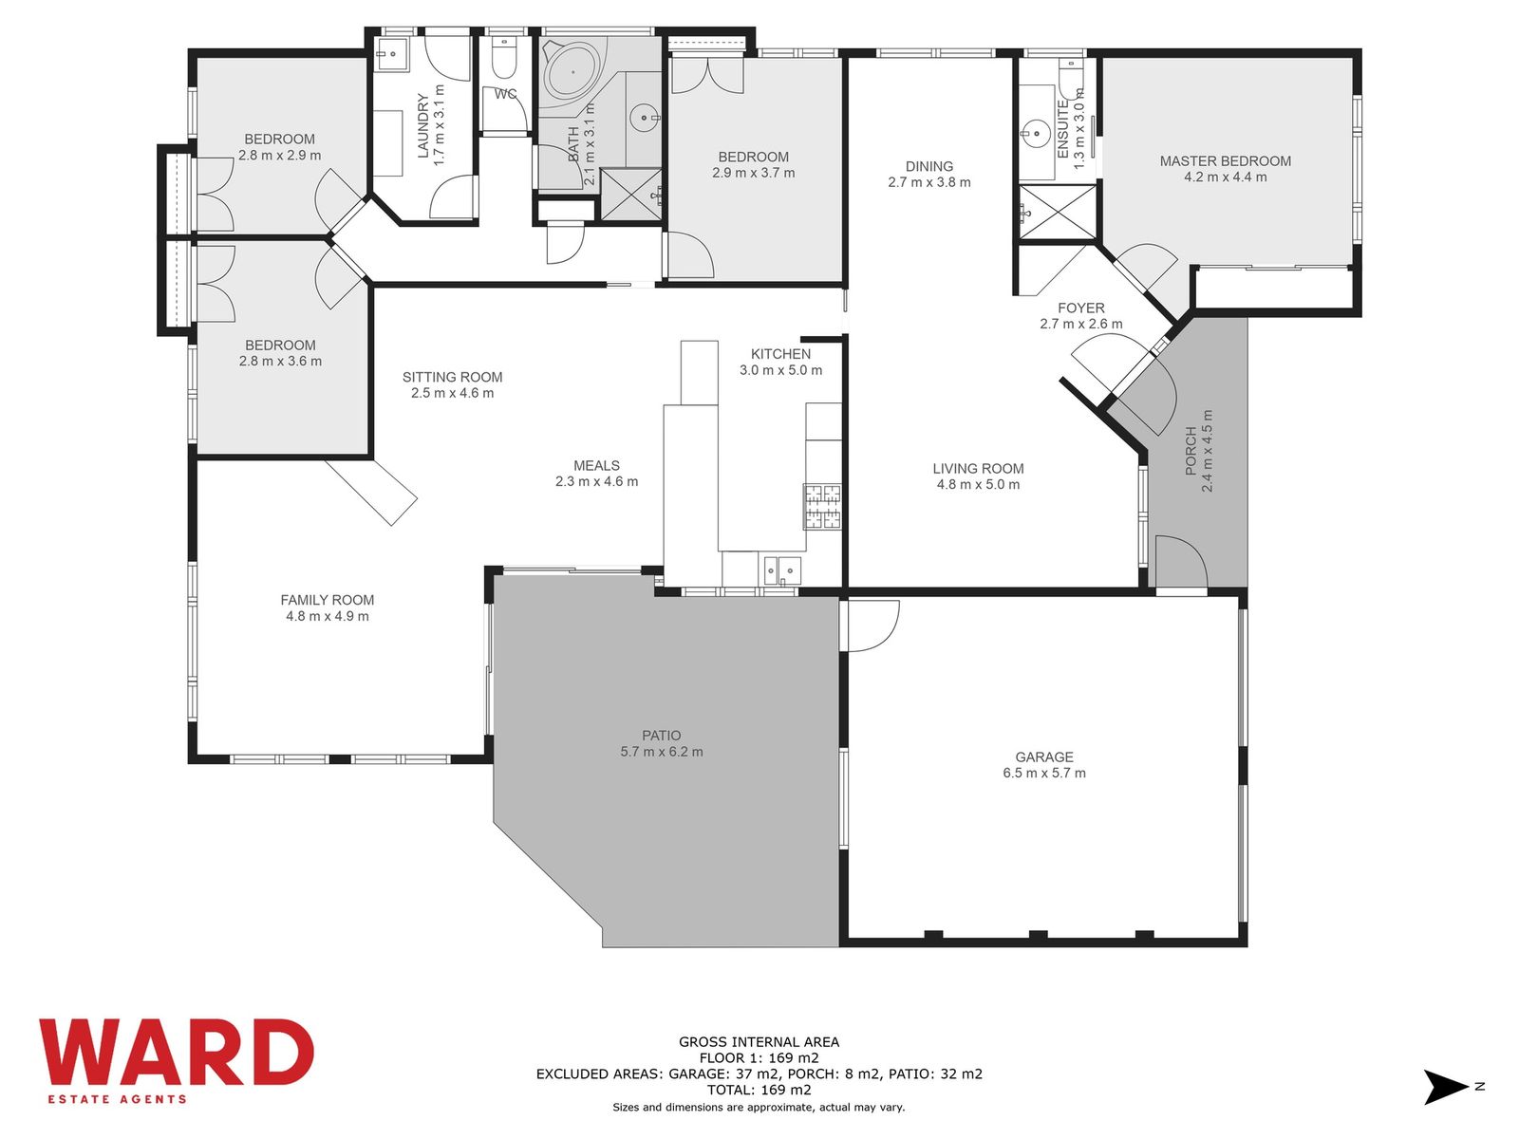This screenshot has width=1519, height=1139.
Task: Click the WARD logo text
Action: tap(177, 1053)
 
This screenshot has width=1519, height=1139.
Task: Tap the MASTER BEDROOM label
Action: tap(1225, 161)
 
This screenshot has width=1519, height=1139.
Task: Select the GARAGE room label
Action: tap(1044, 757)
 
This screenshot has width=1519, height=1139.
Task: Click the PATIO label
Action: tap(662, 736)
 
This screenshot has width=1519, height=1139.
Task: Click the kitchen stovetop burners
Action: tap(822, 506)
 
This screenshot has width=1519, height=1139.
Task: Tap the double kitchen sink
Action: tap(782, 569)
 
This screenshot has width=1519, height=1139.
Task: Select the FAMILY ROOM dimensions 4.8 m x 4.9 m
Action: tap(328, 616)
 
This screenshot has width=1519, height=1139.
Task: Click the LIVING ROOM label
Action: tap(978, 469)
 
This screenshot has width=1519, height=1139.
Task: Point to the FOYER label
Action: tap(1081, 308)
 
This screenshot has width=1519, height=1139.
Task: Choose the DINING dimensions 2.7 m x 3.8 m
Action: tap(929, 182)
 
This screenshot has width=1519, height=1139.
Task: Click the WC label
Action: tap(505, 94)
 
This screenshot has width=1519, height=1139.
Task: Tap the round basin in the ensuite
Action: tap(1036, 131)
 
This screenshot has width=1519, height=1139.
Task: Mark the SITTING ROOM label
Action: tap(453, 377)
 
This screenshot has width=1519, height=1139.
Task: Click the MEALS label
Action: tap(596, 466)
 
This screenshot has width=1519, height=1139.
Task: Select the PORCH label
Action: tap(1191, 451)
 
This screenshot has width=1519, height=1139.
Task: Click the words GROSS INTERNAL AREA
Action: tap(759, 1041)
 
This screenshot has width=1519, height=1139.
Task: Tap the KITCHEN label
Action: tap(780, 354)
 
